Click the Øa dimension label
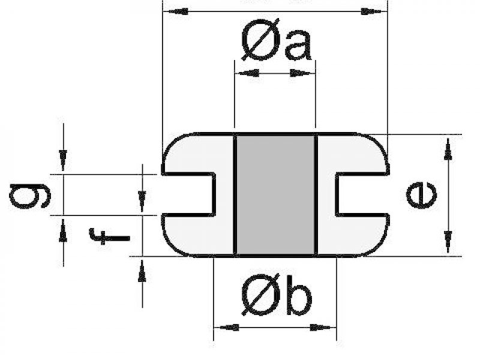pyautogui.click(x=276, y=44)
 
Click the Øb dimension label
pyautogui.click(x=276, y=298)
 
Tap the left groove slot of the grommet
pyautogui.click(x=189, y=194)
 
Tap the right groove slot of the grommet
pyautogui.click(x=361, y=194)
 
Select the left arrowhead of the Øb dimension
pyautogui.click(x=227, y=328)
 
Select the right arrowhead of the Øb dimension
pyautogui.click(x=322, y=328)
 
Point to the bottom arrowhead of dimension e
pyautogui.click(x=448, y=242)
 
